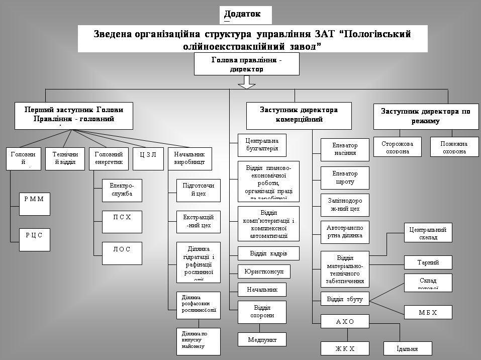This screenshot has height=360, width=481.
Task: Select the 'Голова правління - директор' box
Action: click(246, 64)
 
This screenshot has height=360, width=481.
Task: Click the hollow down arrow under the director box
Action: click(247, 82)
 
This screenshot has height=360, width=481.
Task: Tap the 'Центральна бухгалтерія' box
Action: click(261, 145)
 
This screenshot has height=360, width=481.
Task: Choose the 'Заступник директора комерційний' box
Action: click(299, 115)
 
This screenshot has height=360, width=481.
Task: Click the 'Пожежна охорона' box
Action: click(454, 147)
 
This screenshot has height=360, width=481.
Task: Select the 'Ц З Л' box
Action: click(148, 158)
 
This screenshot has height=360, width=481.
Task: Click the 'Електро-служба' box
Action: click(122, 190)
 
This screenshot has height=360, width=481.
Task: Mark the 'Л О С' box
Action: click(122, 253)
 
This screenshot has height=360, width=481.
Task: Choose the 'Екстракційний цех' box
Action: click(198, 221)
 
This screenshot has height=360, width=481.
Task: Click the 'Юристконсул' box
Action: click(264, 272)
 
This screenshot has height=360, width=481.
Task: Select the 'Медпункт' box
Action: click(261, 339)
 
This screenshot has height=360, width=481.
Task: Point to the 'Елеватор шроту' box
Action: click(345, 177)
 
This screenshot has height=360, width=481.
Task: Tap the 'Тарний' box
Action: click(428, 262)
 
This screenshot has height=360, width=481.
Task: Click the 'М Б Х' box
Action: click(428, 312)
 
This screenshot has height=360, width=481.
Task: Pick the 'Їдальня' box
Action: click(408, 348)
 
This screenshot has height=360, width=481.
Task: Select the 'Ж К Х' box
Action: click(345, 348)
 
